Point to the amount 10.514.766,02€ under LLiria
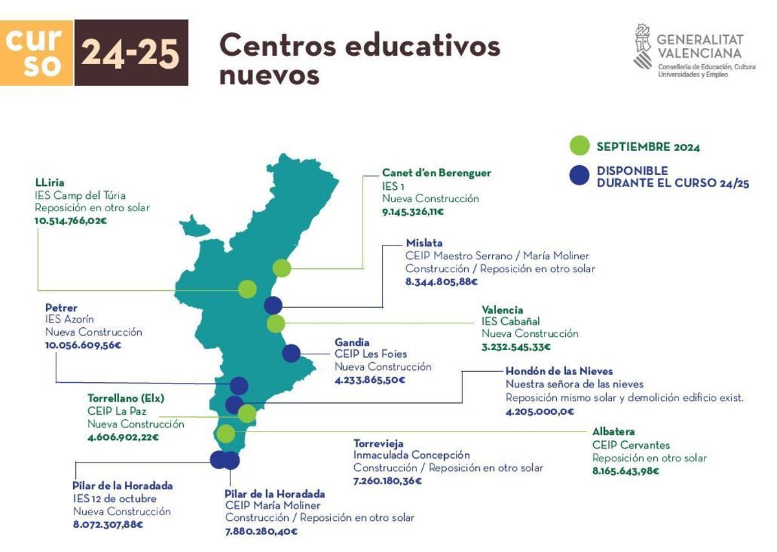[x=71, y=220]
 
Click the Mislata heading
[x=424, y=243]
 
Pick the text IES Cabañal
[x=510, y=321]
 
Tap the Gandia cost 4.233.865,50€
[x=369, y=380]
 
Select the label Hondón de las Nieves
[x=559, y=371]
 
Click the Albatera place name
[x=613, y=431]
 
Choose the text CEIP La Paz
[x=117, y=411]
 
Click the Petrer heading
[x=61, y=307]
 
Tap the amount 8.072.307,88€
[x=108, y=524]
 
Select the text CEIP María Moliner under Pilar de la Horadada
[x=273, y=505]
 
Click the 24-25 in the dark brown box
[x=131, y=53]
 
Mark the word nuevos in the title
[x=269, y=75]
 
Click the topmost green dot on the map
[x=282, y=268]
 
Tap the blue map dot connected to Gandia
[x=291, y=353]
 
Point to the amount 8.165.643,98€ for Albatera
[x=625, y=471]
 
